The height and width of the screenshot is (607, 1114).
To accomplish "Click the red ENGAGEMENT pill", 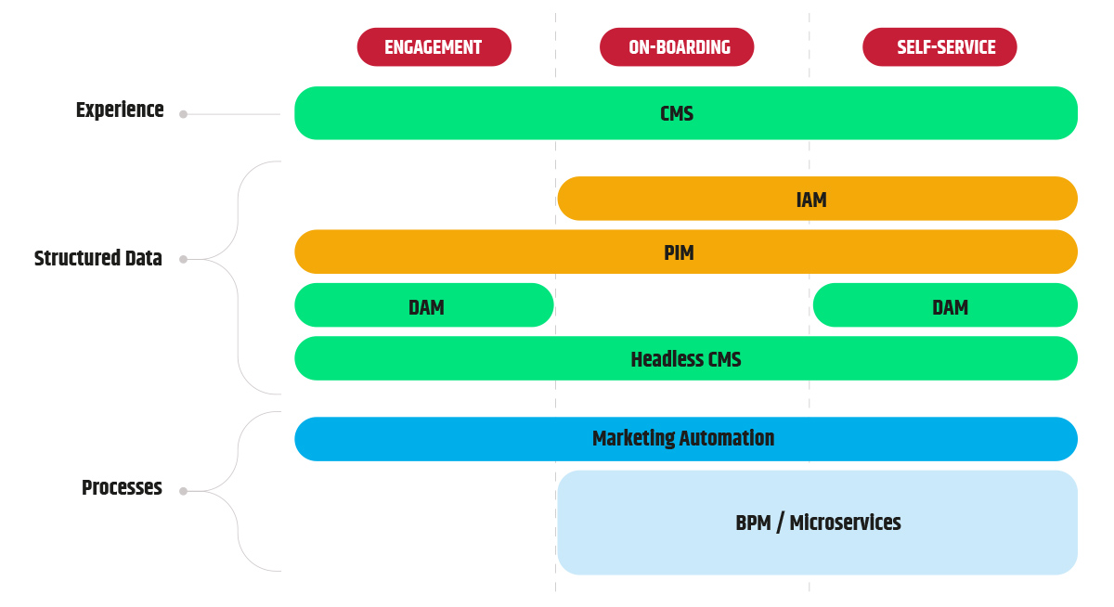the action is pos(434,47).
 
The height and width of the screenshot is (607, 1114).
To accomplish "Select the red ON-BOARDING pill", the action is pos(677,47).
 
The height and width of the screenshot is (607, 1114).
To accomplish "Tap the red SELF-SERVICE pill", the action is pos(939,47).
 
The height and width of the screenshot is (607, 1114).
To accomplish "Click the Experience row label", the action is pos(120,110).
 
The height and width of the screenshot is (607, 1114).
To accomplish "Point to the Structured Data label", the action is pos(98,259).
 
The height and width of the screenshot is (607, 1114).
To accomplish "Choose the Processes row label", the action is pos(122,487).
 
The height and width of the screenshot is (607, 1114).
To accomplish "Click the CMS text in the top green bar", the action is pos(677,114).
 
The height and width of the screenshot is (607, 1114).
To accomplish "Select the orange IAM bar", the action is pos(818,199).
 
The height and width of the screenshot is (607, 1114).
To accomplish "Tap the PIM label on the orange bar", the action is pos(679,252).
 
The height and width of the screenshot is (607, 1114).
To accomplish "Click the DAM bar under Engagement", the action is pos(424,305).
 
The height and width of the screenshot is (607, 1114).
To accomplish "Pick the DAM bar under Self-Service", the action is pos(945,305).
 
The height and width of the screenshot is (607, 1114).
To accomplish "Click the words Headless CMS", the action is pos(686,359).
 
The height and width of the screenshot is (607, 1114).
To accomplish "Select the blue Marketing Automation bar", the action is pos(686,439).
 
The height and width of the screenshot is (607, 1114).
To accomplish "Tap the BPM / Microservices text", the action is pos(818,523).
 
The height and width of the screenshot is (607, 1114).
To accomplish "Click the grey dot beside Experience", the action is pos(183,114).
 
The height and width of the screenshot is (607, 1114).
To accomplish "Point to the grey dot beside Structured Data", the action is pos(183,260).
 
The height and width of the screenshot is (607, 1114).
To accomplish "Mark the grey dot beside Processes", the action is pos(183,491).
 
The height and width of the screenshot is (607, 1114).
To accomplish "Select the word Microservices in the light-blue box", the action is pos(845,523).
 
